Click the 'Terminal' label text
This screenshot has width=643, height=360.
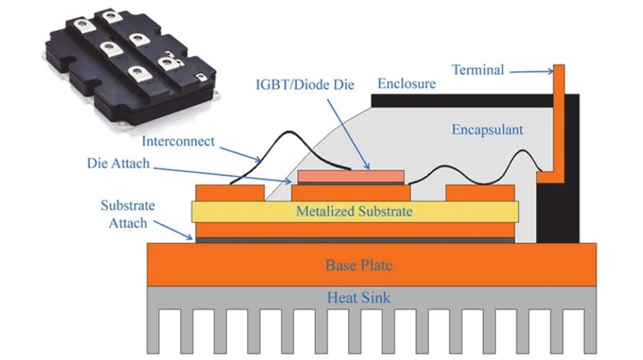click(478, 69)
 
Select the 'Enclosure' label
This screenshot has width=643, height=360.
click(406, 84)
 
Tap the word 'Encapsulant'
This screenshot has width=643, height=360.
click(487, 130)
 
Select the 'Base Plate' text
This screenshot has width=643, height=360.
click(358, 265)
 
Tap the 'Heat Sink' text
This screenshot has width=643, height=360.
click(358, 298)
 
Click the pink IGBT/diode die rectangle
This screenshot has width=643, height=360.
click(351, 175)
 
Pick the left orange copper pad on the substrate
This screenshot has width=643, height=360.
click(229, 192)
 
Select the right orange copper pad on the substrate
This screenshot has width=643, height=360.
click(480, 192)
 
